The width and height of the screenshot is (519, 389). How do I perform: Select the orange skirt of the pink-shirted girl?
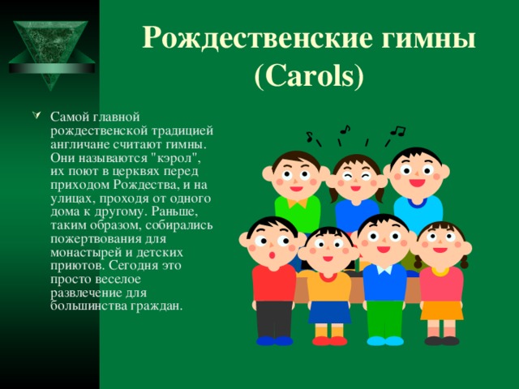tap(442, 309)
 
